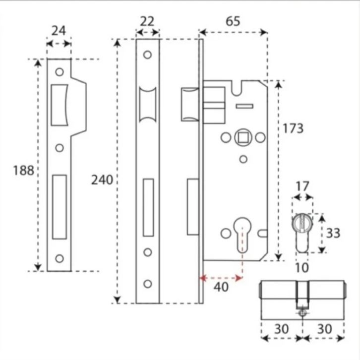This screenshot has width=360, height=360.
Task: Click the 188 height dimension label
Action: [x=23, y=171]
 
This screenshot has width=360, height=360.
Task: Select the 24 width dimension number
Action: [x=59, y=31]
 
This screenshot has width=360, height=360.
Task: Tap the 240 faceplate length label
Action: [x=102, y=180]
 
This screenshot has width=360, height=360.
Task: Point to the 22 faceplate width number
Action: [x=147, y=21]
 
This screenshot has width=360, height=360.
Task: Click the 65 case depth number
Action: [x=233, y=21]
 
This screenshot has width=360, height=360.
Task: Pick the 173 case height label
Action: [x=293, y=128]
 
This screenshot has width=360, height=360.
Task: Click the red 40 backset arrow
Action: [x=221, y=278]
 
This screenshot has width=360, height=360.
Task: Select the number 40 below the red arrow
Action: [x=221, y=287]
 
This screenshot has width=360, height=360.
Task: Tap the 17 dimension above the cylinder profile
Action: [x=302, y=186]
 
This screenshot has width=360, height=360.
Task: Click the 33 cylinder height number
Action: [x=333, y=233]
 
